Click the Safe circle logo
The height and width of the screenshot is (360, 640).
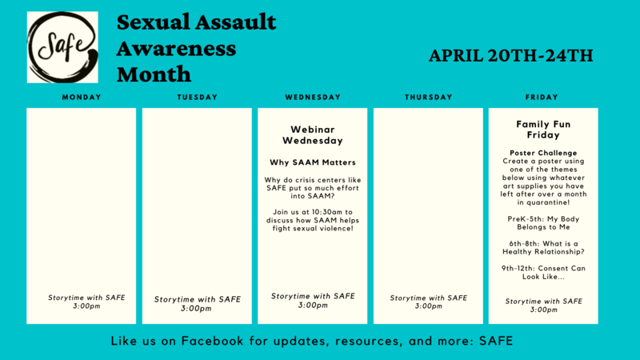(62, 47)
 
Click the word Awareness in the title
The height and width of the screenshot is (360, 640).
(176, 49)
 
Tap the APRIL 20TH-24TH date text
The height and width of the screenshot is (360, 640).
(510, 55)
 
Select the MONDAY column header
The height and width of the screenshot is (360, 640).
(82, 97)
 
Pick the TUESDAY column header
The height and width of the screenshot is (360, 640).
(198, 97)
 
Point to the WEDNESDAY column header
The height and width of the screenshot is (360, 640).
(313, 97)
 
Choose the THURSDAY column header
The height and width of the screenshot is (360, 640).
(429, 97)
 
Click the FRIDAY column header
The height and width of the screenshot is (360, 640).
(542, 97)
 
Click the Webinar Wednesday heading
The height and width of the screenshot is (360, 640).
(313, 134)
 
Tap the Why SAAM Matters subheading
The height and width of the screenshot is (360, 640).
(313, 162)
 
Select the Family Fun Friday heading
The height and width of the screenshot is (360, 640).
(543, 130)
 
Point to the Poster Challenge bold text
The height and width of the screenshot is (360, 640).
(543, 153)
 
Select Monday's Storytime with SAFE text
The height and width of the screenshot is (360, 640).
(86, 298)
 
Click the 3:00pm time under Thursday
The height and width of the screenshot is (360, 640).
(429, 306)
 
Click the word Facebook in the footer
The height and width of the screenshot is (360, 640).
(212, 341)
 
